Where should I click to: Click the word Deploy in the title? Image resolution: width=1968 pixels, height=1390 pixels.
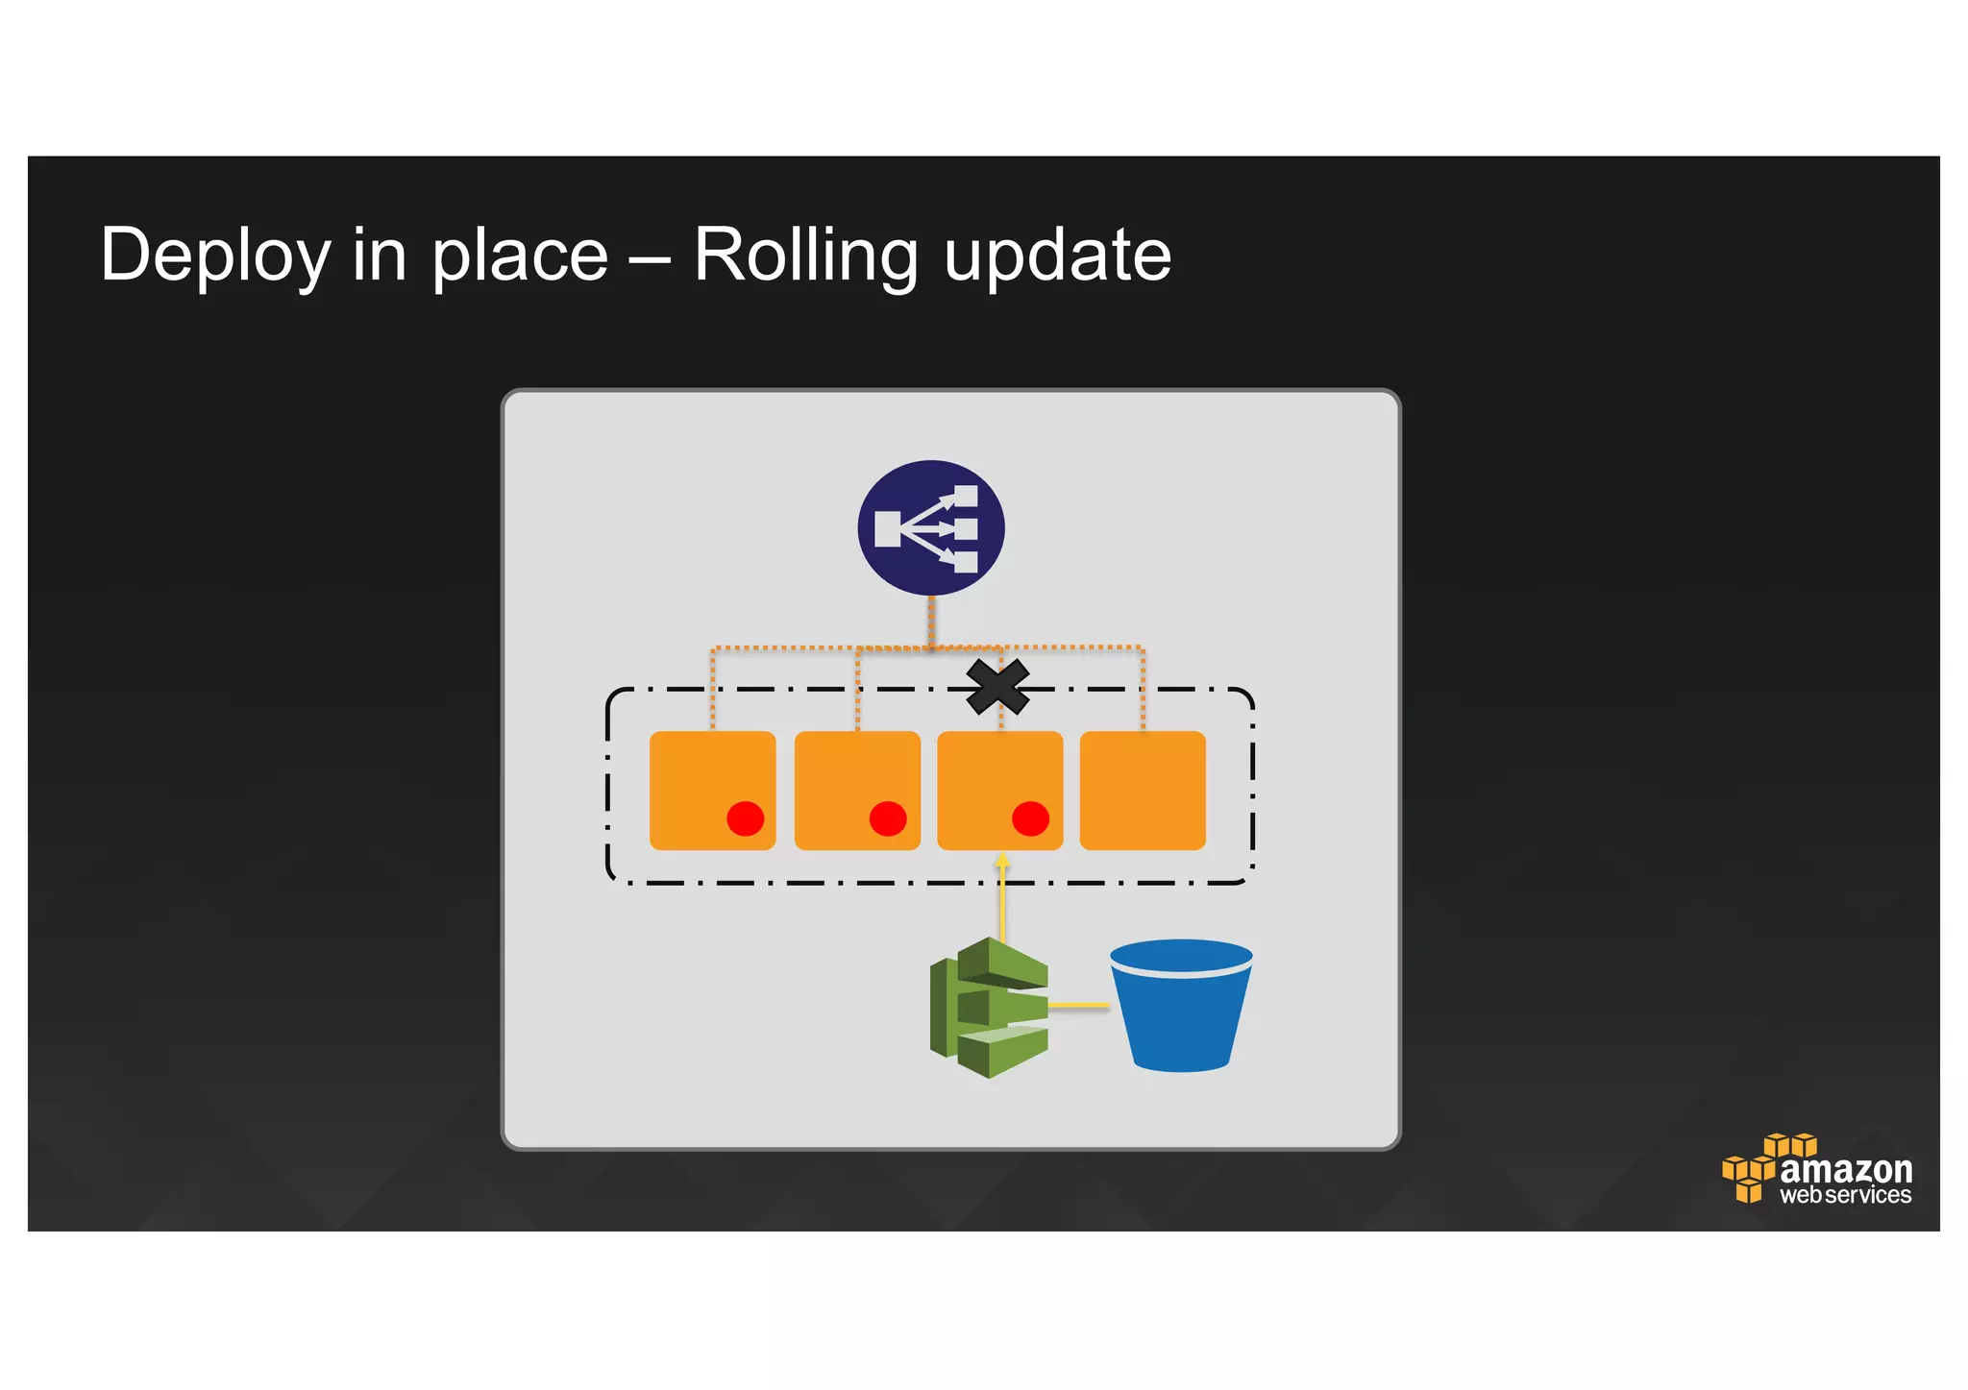tap(215, 256)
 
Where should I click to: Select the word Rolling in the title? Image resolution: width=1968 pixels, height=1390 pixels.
tap(805, 256)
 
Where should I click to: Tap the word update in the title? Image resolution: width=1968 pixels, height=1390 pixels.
tap(1057, 256)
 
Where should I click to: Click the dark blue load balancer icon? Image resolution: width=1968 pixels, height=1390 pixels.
tap(930, 528)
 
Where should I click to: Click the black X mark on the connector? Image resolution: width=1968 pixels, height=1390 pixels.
tap(997, 687)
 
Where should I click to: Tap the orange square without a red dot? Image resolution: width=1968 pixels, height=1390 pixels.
tap(1143, 790)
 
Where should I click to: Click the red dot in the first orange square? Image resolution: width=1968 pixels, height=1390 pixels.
tap(745, 818)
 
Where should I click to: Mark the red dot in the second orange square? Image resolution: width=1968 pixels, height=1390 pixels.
tap(888, 818)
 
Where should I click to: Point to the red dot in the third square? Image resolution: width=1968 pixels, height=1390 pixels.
tap(1030, 818)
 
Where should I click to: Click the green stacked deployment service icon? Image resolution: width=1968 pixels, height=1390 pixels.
tap(989, 1007)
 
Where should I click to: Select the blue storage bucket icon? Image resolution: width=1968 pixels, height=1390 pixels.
tap(1181, 1004)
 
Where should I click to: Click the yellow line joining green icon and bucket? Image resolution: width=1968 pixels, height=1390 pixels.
tap(1078, 1006)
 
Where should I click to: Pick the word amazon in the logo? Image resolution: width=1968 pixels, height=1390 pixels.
tap(1845, 1170)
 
